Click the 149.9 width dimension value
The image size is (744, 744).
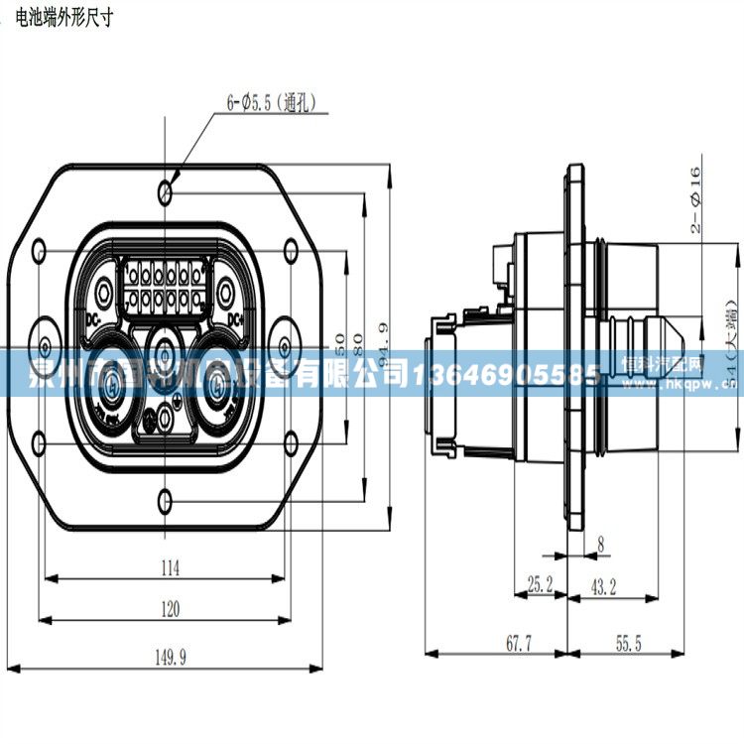point(171,655)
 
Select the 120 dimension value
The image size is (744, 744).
point(171,609)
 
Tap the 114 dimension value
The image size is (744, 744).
point(171,567)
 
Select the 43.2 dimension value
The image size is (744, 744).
point(604,586)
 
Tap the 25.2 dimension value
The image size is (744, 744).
point(541,586)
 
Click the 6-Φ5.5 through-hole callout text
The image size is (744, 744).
point(270,100)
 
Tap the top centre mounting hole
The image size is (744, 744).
point(168,188)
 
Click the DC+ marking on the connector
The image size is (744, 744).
point(235,319)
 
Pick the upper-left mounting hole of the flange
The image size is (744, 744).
point(40,249)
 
